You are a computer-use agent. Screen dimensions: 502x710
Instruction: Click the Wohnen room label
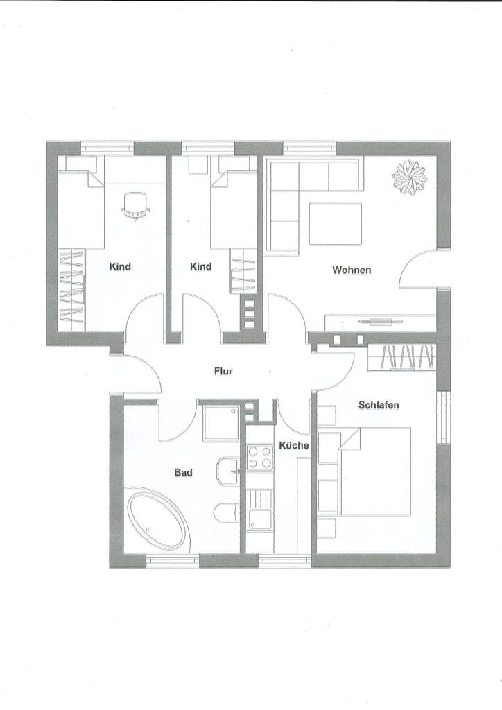(352, 270)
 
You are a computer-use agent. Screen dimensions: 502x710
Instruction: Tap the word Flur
(223, 372)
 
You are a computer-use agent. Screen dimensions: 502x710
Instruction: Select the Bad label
(183, 473)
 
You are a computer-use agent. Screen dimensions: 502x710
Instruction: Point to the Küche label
(294, 446)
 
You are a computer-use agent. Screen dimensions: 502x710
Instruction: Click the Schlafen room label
(379, 405)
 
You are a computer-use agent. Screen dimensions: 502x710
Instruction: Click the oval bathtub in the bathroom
(158, 521)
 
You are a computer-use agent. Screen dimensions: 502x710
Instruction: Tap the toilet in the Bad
(226, 512)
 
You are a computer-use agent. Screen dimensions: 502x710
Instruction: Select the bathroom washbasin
(228, 471)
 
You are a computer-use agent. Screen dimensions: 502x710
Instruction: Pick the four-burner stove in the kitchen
(260, 458)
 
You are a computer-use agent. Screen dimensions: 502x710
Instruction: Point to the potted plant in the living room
(409, 177)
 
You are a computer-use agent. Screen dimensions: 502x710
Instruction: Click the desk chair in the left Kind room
(135, 206)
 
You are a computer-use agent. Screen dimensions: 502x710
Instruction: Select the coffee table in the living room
(336, 224)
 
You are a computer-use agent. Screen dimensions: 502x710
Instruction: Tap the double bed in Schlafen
(375, 471)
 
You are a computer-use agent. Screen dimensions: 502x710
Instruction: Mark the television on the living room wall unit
(380, 322)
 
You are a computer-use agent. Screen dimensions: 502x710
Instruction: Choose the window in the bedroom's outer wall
(444, 417)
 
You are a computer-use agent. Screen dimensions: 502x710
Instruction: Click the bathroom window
(173, 560)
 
